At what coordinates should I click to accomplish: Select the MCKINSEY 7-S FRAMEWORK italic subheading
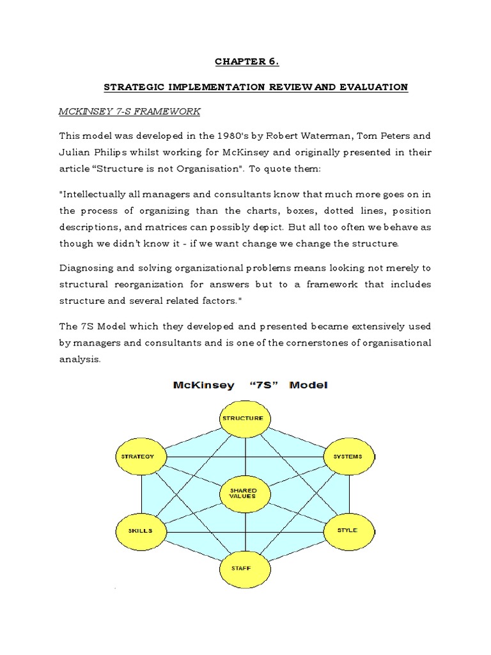[130, 111]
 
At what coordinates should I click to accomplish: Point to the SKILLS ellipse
[140, 531]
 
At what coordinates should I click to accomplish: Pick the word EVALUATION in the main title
[377, 87]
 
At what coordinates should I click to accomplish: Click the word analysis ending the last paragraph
[79, 359]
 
